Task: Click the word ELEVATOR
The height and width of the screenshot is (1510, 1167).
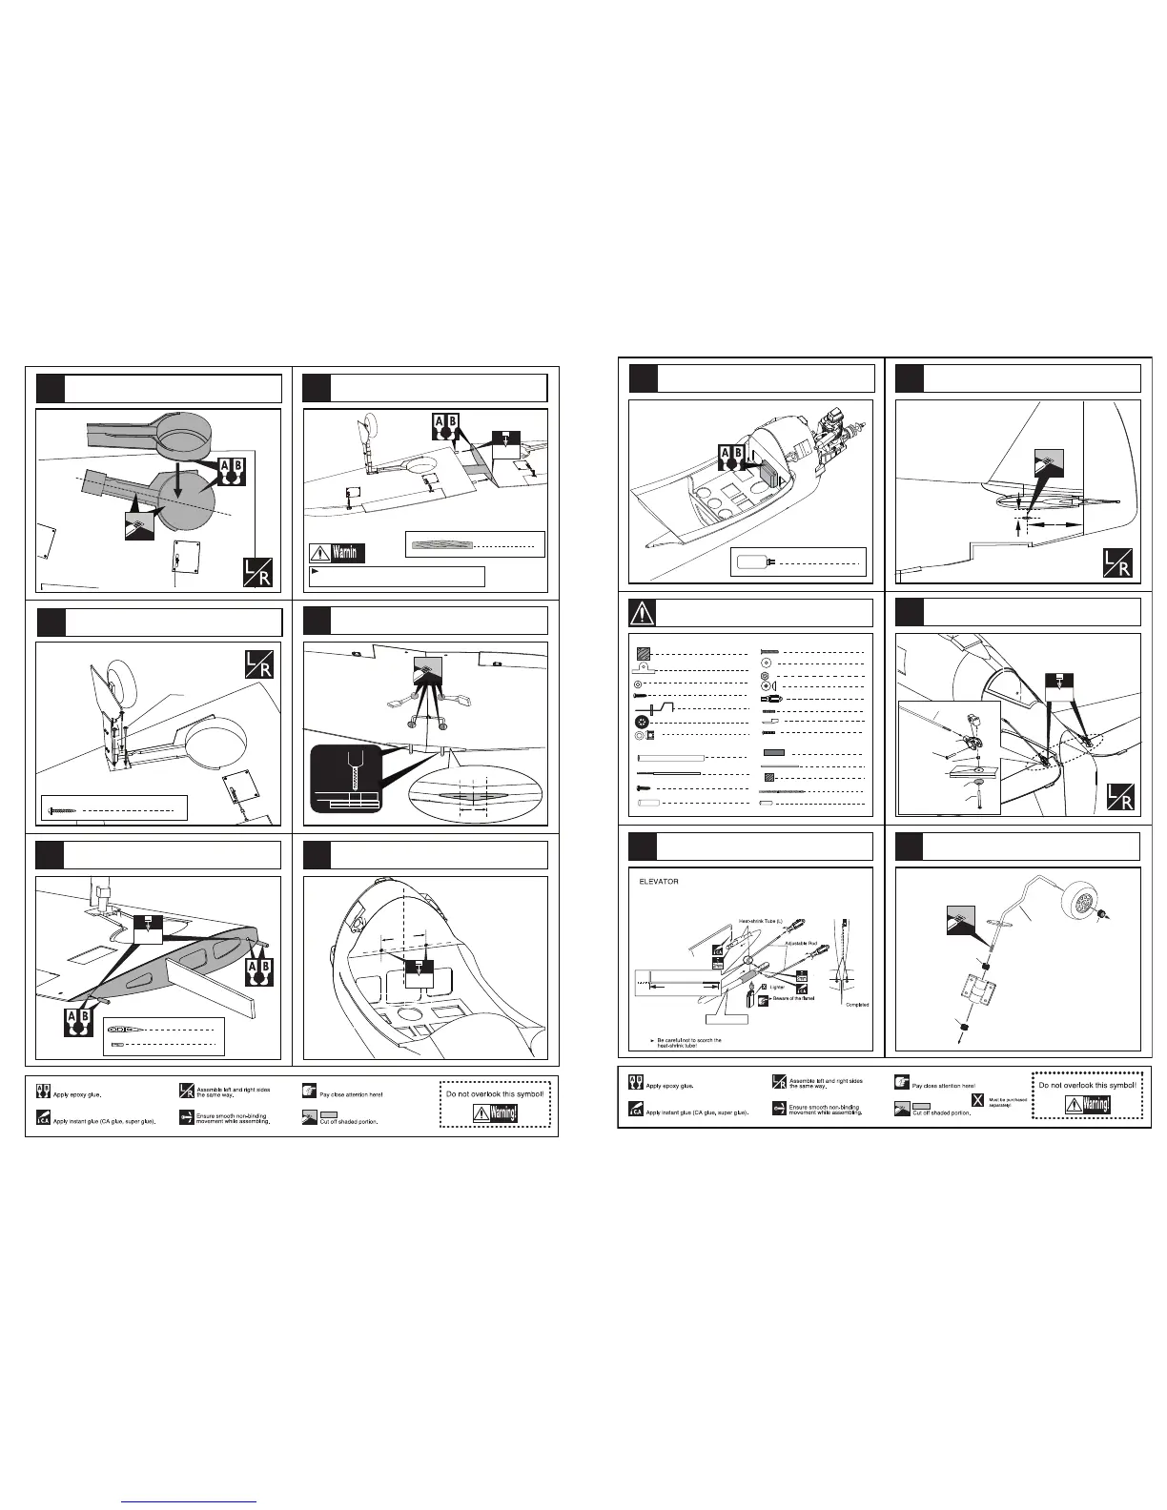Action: [658, 881]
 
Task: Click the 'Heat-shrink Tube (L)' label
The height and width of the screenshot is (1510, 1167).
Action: [761, 921]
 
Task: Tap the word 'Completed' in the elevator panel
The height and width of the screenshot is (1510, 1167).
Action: [856, 1005]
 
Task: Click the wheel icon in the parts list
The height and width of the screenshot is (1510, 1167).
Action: [639, 722]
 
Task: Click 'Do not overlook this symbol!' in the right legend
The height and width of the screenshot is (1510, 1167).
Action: [1087, 1085]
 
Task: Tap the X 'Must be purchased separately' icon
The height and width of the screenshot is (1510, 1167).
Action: [977, 1101]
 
